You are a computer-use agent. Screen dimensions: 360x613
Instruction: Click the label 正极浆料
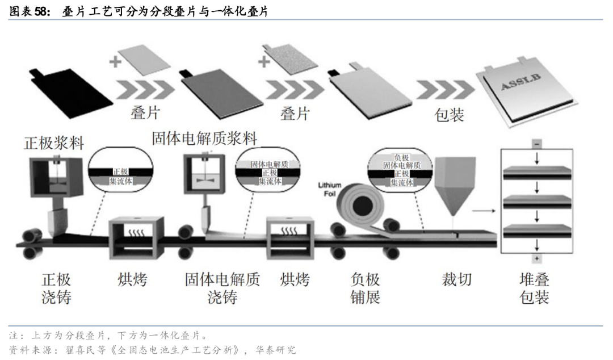pos(54,143)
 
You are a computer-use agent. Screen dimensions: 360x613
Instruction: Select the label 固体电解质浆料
pos(204,138)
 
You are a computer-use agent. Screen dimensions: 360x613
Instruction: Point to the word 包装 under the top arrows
pos(449,115)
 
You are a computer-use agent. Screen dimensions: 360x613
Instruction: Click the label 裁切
pos(456,279)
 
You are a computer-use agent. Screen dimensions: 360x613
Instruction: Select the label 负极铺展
pos(366,288)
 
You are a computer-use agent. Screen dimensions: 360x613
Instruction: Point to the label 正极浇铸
pos(56,288)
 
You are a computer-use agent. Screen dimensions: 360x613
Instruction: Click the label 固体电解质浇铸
pos(222,288)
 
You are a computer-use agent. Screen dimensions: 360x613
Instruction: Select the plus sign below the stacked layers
pos(536,258)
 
